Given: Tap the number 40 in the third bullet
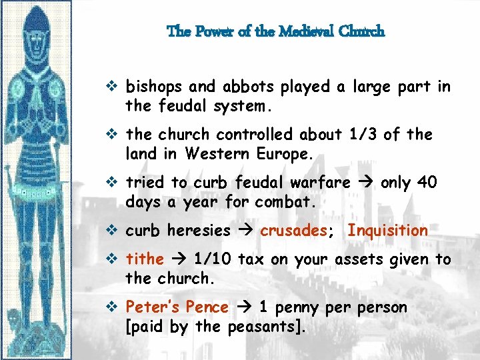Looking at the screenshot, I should [427, 183].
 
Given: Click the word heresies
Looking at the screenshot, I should [199, 231].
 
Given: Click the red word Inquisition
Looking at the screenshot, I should [388, 231].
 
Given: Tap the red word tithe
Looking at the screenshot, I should [145, 260].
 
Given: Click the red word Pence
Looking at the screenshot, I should [207, 308].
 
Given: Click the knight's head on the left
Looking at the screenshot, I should [37, 33].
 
